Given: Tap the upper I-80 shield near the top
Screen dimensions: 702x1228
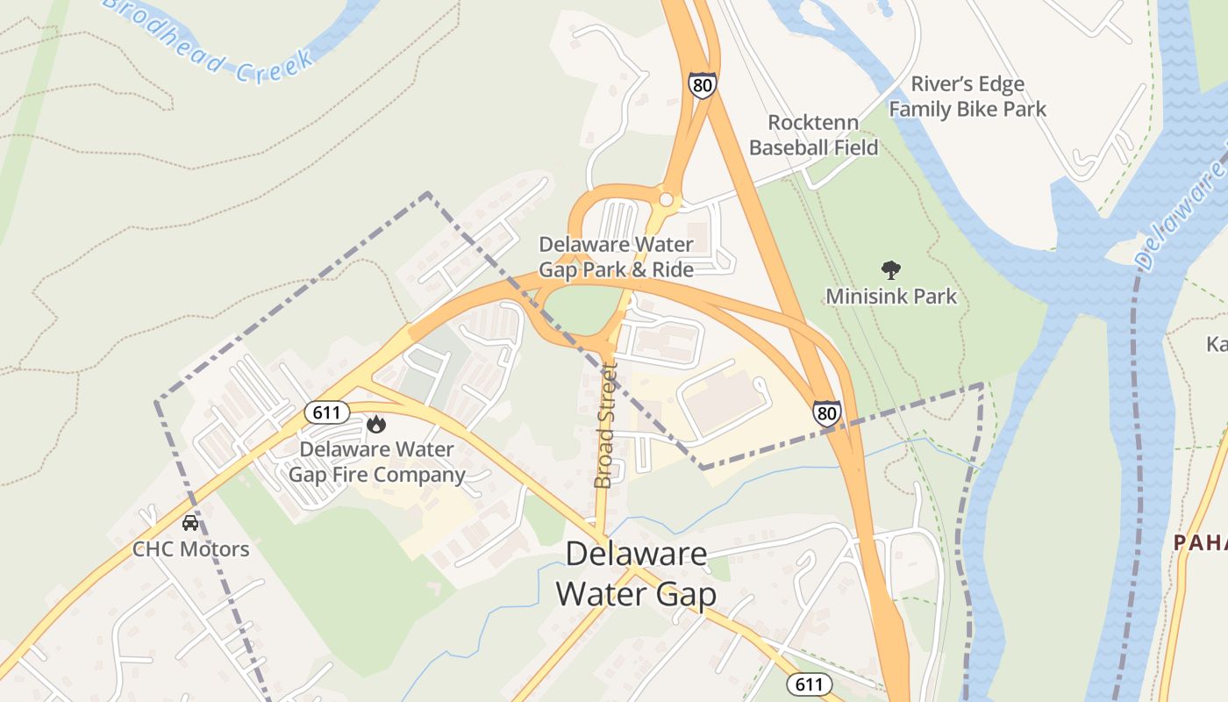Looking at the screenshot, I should click(702, 85).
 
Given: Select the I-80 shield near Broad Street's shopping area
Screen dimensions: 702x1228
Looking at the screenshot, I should click(826, 413).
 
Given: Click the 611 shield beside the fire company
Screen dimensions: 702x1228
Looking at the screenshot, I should click(328, 412).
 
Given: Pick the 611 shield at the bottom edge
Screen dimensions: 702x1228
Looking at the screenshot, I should click(809, 684).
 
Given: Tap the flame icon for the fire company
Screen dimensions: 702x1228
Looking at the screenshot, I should click(376, 425).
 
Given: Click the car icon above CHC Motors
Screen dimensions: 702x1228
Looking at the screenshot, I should click(189, 523).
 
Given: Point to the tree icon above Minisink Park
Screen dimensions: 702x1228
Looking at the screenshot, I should click(891, 269).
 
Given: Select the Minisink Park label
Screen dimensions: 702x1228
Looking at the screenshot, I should click(891, 296).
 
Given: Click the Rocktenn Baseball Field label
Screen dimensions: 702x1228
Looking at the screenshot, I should click(813, 135).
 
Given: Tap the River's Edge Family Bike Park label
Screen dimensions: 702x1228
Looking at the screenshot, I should click(967, 97).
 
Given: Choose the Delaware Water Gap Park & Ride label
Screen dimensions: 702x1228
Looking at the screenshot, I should click(616, 257).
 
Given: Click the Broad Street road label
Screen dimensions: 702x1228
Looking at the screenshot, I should click(605, 426).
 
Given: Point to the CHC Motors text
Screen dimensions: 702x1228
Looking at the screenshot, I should click(190, 549).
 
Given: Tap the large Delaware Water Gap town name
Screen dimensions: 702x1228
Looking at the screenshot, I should click(636, 574).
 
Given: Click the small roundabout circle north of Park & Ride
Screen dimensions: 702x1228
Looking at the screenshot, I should click(666, 200).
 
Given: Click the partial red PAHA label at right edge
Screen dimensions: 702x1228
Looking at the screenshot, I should click(1201, 543).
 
